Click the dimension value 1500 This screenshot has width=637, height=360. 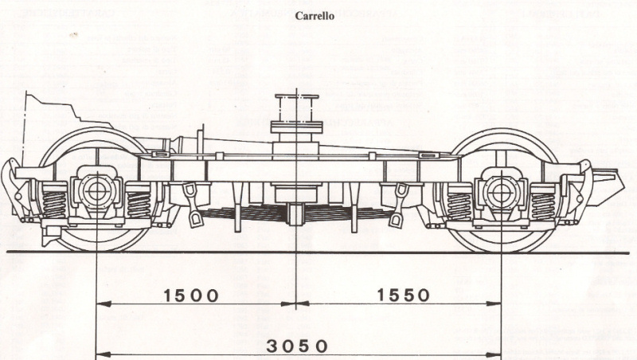(x=191, y=295)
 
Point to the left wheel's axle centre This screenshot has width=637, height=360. (x=96, y=191)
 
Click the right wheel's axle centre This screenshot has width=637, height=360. (x=502, y=191)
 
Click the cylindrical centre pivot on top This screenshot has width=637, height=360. (x=295, y=112)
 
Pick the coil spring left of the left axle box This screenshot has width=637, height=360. (x=53, y=202)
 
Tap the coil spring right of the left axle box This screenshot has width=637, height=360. (x=139, y=202)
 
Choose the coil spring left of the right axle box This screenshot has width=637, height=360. (x=459, y=202)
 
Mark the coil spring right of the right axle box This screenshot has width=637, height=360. (x=545, y=202)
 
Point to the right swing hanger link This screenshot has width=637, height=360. (x=397, y=205)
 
